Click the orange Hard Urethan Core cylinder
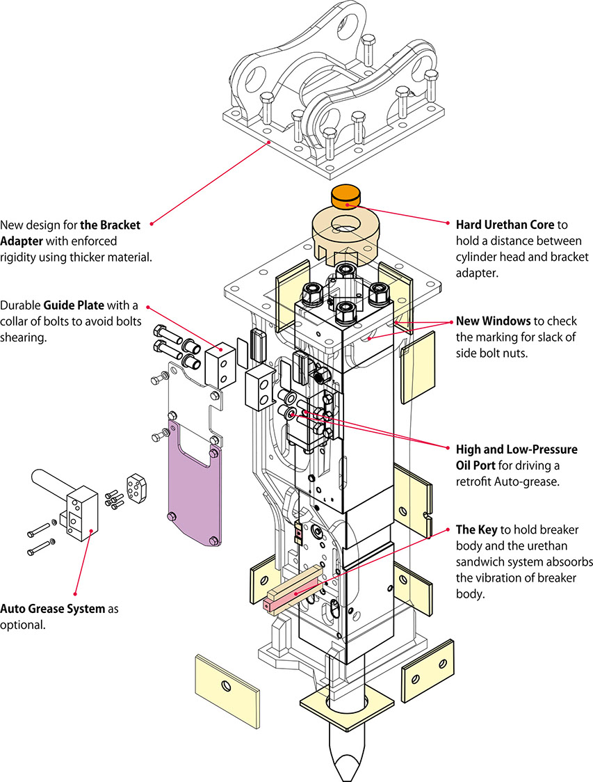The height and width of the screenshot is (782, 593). pos(345,196)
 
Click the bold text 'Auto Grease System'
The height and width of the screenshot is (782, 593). pos(52,609)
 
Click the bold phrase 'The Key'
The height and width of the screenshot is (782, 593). pos(476,529)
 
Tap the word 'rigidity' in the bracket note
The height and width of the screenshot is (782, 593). pos(19,257)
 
